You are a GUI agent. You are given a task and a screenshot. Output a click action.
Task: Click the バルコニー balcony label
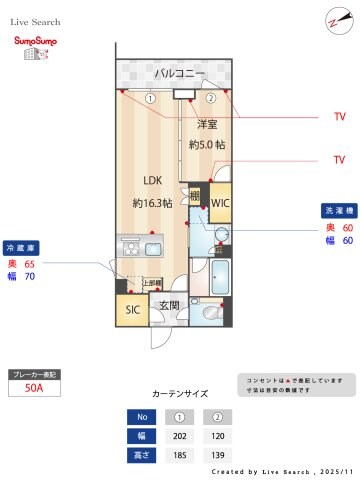[x=180, y=74]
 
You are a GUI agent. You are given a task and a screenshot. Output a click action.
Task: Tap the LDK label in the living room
[x=152, y=181]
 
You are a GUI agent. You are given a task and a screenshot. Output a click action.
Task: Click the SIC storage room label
[x=132, y=310]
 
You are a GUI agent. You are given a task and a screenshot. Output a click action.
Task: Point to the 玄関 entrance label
[x=169, y=305]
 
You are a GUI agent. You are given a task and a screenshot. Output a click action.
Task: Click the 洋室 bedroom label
[x=207, y=124]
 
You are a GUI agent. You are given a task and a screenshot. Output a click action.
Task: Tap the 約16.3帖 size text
[x=152, y=202]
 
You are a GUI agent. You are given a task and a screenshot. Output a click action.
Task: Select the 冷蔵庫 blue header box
[x=21, y=247]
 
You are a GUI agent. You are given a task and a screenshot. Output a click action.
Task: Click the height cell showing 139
[x=212, y=454]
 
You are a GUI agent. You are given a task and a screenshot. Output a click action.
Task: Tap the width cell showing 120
[x=212, y=436]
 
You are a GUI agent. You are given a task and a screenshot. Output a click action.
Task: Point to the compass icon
[x=334, y=22]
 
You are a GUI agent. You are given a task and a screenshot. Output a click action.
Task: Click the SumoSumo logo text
[x=33, y=40]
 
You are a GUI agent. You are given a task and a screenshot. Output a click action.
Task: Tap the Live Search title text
[x=36, y=21]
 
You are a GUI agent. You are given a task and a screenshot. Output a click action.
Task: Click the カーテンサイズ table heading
[x=180, y=394]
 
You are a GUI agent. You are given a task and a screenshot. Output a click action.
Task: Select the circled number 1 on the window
[x=150, y=98]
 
